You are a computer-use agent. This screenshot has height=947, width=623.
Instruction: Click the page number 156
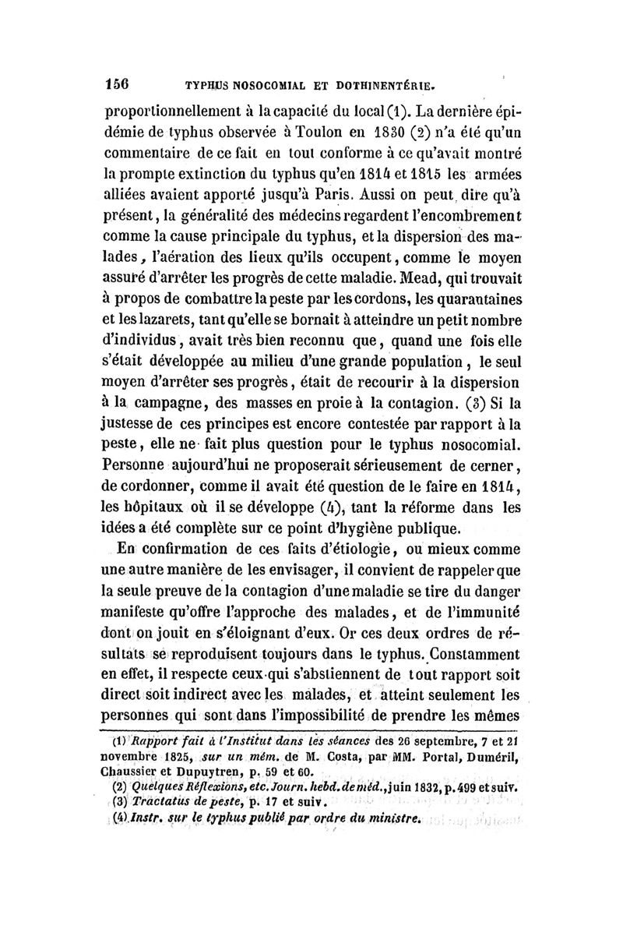tap(117, 81)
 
